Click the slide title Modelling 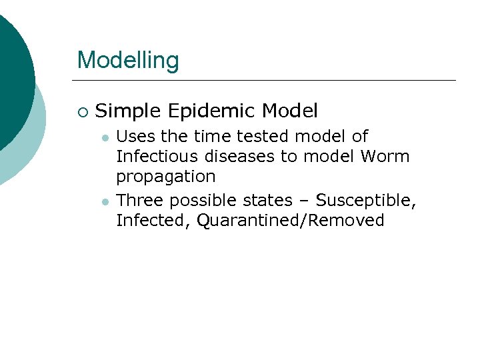[x=128, y=60]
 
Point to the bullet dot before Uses [x=105, y=138]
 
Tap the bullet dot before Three [x=105, y=201]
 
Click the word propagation [x=166, y=177]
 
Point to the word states [x=269, y=200]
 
